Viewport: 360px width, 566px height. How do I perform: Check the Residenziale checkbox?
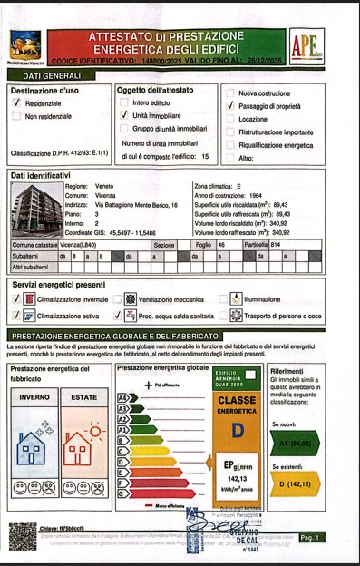pyautogui.click(x=16, y=104)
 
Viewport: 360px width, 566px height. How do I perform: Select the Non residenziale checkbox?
pyautogui.click(x=16, y=117)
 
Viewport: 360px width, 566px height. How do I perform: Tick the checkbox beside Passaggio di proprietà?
pyautogui.click(x=230, y=106)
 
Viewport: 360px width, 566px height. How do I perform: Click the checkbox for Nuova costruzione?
pyautogui.click(x=230, y=93)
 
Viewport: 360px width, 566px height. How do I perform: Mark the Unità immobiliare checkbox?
pyautogui.click(x=124, y=117)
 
